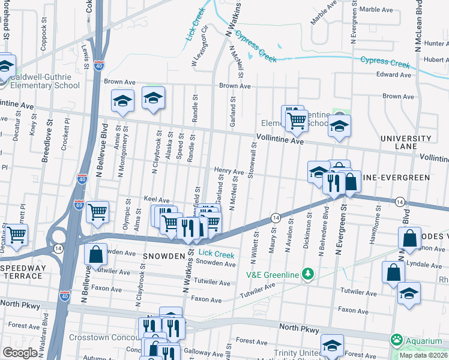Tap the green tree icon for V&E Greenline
[x=308, y=274]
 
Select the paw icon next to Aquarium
[x=396, y=340]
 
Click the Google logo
[x=20, y=353]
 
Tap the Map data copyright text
[x=423, y=355]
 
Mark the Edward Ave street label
[x=394, y=75]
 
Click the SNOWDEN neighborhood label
[x=161, y=256]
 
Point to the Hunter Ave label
[x=436, y=43]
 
